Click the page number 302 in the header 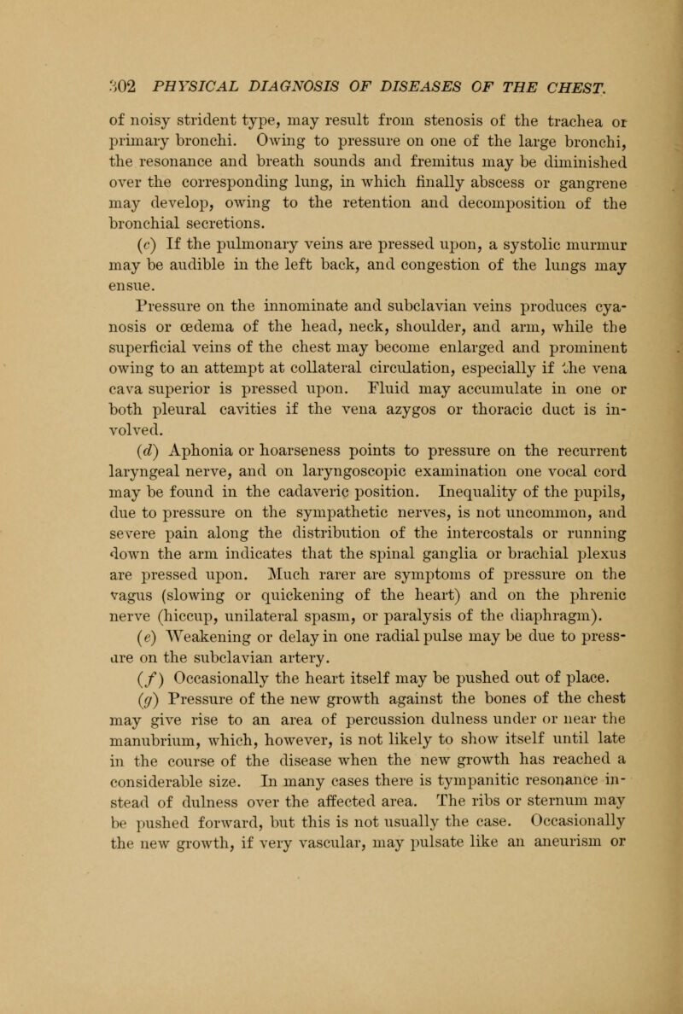pos(112,87)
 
